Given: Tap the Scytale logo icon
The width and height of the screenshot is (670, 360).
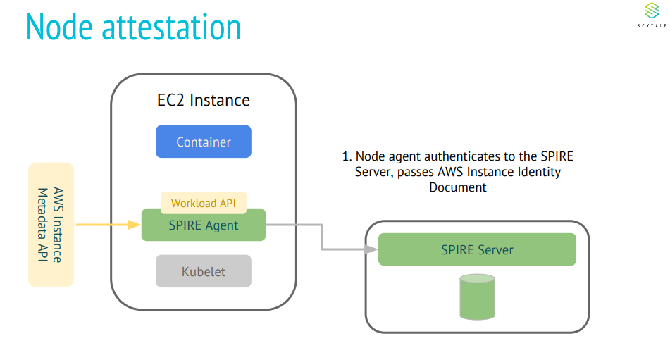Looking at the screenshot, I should tap(651, 11).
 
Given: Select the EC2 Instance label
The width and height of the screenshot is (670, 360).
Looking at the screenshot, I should tap(203, 100).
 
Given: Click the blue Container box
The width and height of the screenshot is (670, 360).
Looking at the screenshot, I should tap(203, 142).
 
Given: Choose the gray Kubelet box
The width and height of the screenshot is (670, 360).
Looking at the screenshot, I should tap(203, 271).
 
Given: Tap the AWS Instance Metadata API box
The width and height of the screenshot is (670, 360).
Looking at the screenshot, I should tap(51, 225).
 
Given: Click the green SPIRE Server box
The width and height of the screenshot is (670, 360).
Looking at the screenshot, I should tap(477, 249).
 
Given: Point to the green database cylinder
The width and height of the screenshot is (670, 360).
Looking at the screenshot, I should tap(477, 297).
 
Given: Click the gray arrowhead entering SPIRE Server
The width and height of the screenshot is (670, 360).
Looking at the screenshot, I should tap(371, 249).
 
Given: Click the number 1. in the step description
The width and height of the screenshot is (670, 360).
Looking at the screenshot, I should tap(346, 156).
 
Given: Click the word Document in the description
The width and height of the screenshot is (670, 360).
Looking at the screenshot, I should tap(458, 187).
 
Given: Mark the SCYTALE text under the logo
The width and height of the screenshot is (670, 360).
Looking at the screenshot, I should tap(651, 25).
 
